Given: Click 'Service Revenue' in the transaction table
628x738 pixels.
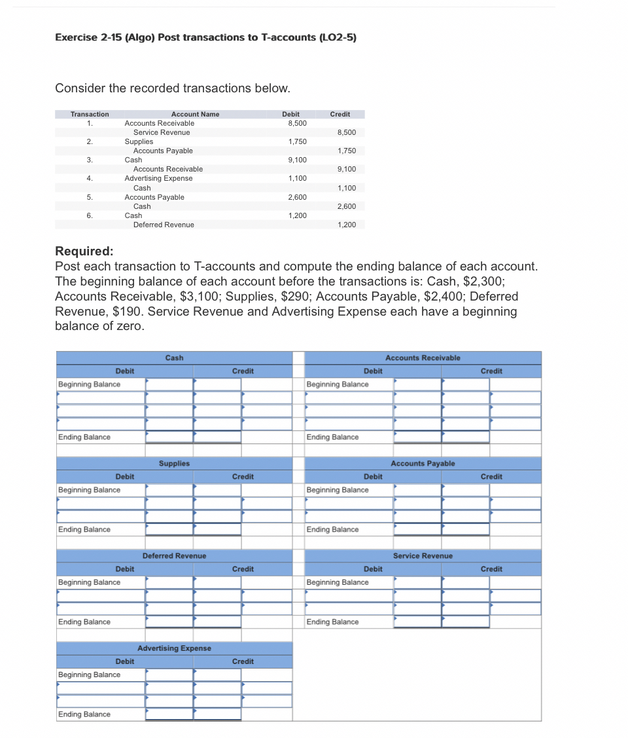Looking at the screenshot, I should click(162, 132).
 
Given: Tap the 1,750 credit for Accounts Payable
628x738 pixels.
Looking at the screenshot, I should click(346, 151).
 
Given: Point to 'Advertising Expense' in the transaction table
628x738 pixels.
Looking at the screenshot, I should click(158, 178).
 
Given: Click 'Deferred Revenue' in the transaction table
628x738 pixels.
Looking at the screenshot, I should click(164, 225).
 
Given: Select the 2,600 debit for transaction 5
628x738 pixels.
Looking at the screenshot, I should click(297, 197).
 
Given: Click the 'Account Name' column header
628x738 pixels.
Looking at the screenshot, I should click(195, 114).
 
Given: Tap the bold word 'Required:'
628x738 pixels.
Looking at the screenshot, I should click(84, 251).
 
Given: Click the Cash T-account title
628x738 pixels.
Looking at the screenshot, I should click(174, 358).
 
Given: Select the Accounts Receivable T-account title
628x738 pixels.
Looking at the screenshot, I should click(423, 358).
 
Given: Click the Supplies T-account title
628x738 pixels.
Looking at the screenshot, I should click(174, 464).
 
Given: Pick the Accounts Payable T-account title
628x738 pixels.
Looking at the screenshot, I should click(423, 464).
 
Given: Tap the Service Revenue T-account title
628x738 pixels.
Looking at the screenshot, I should click(423, 556).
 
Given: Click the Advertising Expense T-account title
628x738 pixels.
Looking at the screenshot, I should click(174, 648).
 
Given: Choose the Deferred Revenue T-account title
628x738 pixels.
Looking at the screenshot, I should click(174, 556).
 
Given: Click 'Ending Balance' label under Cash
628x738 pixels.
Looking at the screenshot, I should click(84, 437).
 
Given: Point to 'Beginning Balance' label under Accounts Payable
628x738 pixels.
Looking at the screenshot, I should click(338, 490).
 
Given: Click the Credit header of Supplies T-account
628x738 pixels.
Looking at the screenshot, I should click(243, 477).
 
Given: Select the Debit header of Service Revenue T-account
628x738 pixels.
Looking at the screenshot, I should click(373, 569).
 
